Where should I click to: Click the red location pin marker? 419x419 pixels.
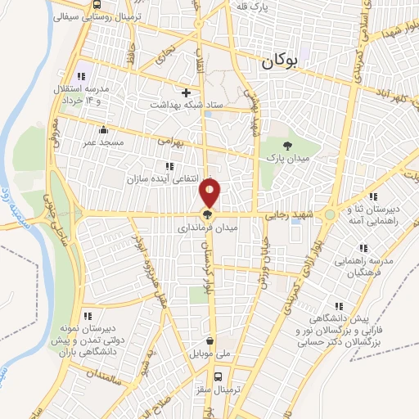pyautogui.click(x=210, y=193)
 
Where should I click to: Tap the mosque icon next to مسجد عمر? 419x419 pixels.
pyautogui.click(x=103, y=129)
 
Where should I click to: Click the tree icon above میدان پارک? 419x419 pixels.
pyautogui.click(x=286, y=133)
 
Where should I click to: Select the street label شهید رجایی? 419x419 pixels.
pyautogui.click(x=286, y=215)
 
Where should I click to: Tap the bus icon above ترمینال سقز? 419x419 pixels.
pyautogui.click(x=218, y=377)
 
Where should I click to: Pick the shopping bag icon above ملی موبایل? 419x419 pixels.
pyautogui.click(x=210, y=341)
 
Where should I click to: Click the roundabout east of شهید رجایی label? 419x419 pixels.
pyautogui.click(x=329, y=214)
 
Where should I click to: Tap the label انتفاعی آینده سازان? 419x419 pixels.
pyautogui.click(x=164, y=178)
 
